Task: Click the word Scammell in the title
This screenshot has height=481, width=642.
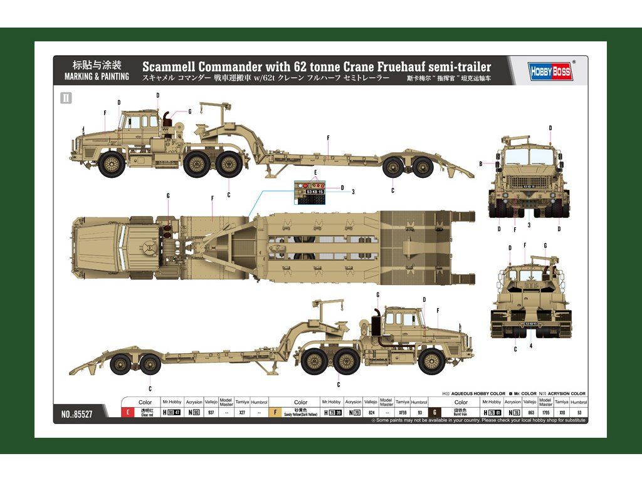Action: point(168,66)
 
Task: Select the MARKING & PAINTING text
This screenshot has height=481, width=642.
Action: point(97,76)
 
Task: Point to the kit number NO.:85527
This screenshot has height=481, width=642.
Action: point(78,414)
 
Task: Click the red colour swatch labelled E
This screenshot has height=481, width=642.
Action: point(128,413)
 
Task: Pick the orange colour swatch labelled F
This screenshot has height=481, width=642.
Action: point(274,413)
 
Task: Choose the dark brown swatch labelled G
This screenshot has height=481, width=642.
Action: point(434,413)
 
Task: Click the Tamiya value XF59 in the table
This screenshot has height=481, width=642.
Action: point(403,413)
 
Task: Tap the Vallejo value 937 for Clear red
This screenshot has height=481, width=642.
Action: point(211,413)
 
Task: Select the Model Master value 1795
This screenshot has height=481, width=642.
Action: point(545,413)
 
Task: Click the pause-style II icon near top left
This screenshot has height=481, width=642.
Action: point(66,97)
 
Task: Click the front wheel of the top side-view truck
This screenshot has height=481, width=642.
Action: point(113,164)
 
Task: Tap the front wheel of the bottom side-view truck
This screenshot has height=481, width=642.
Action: point(431,361)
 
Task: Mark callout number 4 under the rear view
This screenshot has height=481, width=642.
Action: point(530,346)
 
